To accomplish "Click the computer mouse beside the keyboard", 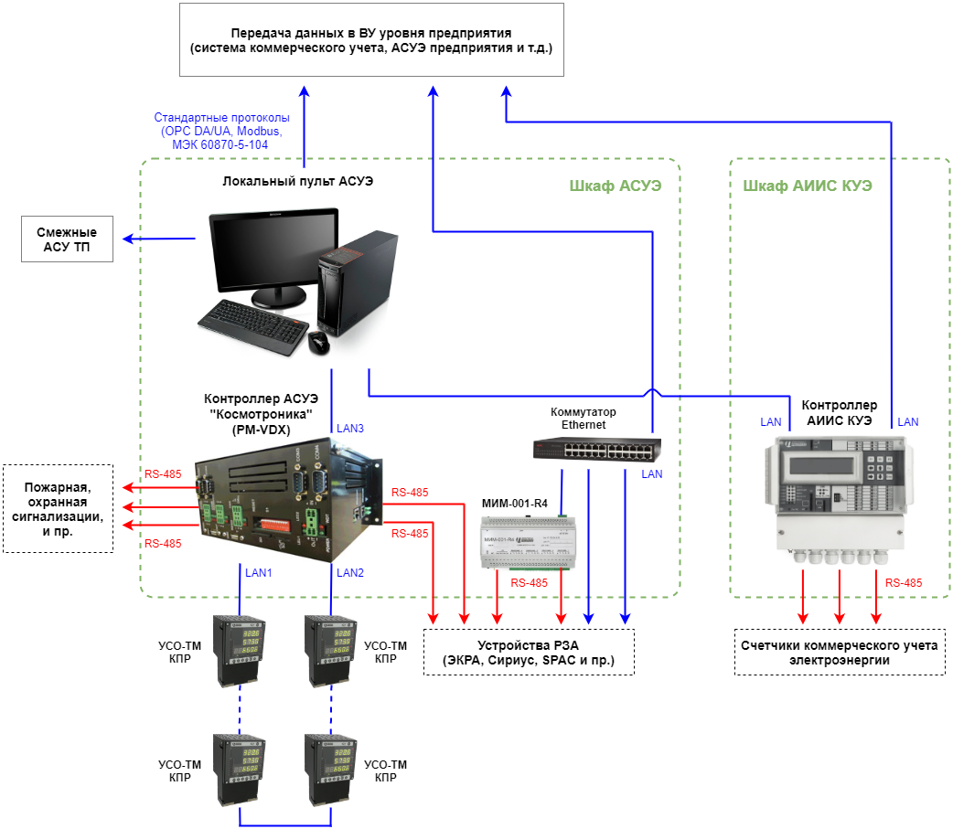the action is [318, 343].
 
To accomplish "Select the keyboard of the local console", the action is [252, 326].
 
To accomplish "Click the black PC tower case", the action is [357, 283].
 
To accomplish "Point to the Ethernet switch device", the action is [597, 450].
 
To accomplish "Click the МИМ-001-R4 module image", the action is [528, 542].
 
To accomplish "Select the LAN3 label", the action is [350, 429].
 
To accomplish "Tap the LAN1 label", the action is [258, 573].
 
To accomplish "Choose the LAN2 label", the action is [350, 573].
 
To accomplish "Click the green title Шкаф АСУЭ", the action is [616, 186].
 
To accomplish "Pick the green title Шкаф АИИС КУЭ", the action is [808, 186].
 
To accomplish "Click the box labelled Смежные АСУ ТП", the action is [67, 239].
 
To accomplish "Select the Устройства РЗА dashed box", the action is [529, 653].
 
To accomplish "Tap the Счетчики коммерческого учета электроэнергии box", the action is [840, 653].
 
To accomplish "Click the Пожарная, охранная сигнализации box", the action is [58, 509].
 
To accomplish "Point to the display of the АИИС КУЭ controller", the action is [821, 466].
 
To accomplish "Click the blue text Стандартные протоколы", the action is [221, 117].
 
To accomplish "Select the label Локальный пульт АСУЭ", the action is [298, 181].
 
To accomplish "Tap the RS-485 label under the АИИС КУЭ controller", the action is [904, 583].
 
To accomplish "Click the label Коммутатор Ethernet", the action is [584, 419].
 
